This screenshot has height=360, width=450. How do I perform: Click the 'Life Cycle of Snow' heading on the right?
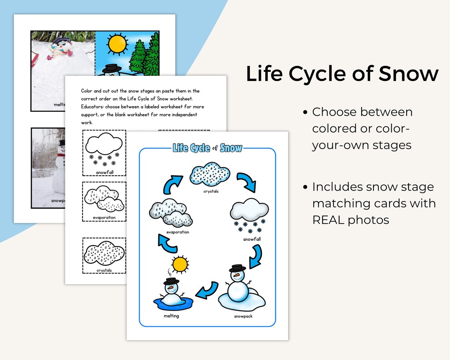(342, 74)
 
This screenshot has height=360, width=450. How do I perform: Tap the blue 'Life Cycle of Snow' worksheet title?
(207, 148)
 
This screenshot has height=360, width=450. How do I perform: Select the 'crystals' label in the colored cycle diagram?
(211, 191)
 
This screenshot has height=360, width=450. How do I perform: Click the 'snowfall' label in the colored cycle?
(252, 239)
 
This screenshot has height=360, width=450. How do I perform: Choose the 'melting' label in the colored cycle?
(171, 316)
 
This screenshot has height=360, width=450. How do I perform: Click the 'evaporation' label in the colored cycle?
(178, 232)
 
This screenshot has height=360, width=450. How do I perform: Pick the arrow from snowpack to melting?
(208, 291)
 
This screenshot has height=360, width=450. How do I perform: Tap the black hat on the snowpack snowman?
(237, 268)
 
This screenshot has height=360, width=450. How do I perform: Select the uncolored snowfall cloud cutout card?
(104, 152)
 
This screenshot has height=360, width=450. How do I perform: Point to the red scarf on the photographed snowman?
(60, 155)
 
